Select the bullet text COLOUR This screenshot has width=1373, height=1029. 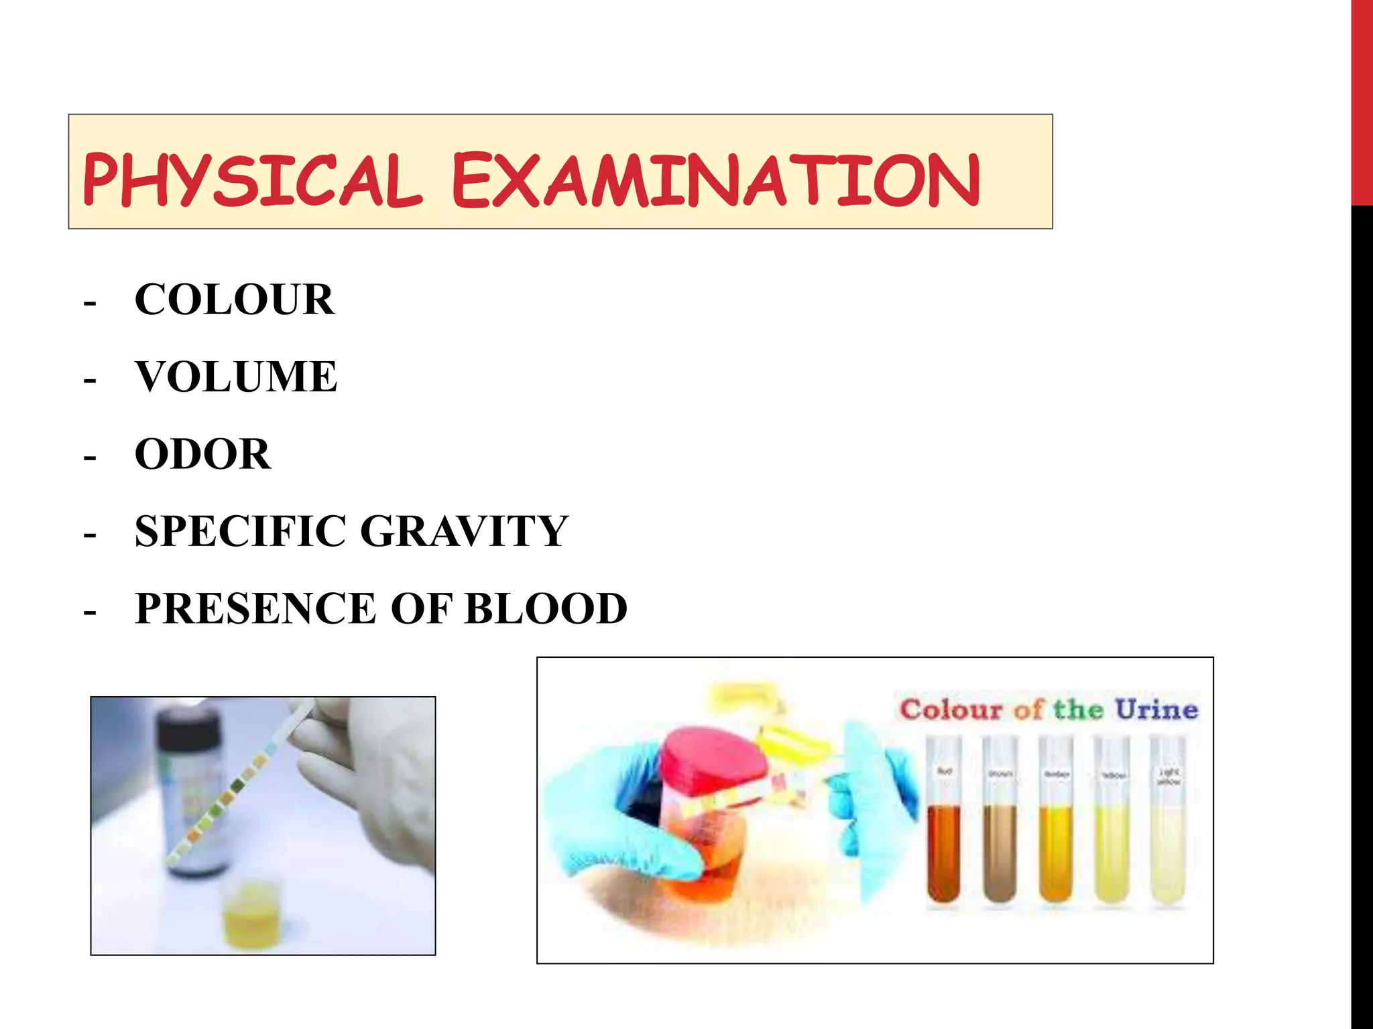coord(234,299)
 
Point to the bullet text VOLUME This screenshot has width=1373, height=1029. coord(236,376)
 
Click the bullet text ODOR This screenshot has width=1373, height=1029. coord(203,454)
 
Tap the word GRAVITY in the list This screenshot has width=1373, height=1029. coord(465,531)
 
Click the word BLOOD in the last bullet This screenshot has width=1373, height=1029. coord(546,608)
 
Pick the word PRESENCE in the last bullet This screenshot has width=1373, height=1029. coord(255,608)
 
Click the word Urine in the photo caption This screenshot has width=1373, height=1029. coord(1156,709)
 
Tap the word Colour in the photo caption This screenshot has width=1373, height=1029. coord(951,709)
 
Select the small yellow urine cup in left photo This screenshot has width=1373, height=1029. coord(253,914)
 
